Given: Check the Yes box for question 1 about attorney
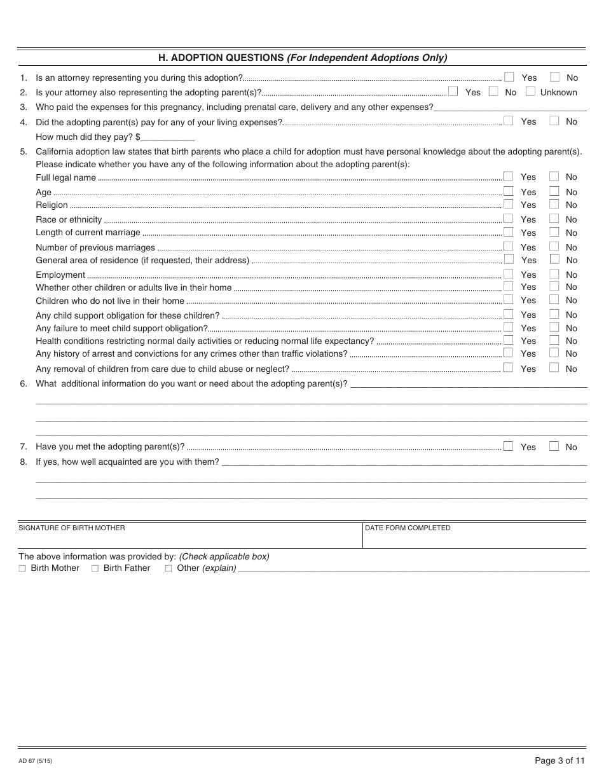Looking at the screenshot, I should coord(509,77).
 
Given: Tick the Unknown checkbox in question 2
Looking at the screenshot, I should coord(530,92).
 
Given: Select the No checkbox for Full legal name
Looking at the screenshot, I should coord(554,176).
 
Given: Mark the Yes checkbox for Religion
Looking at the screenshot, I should coord(508,204).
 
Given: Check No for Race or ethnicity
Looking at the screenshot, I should coord(554,219).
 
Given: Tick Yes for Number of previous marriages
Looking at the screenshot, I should coord(508,246).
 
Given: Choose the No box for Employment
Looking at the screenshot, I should coord(554,273).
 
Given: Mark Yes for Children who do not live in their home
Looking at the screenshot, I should coord(508,299).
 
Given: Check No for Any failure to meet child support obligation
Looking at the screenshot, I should coord(554,327).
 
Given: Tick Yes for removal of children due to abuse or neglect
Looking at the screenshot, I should coord(508,367).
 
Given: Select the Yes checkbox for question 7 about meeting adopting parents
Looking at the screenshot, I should coord(508,446).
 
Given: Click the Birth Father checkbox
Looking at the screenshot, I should coord(95,568).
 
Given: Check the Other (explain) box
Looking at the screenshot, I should coord(168,568).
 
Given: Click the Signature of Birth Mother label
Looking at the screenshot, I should coord(72,528).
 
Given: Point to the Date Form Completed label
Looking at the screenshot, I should coord(408,528).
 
